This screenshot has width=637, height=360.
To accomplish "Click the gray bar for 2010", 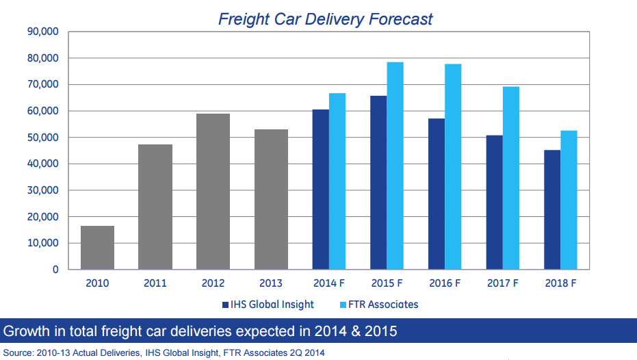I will point(97,247).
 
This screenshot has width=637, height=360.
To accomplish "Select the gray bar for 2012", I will point(213,192).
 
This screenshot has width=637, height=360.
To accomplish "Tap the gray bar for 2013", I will point(271,199).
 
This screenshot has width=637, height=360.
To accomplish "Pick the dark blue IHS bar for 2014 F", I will point(320,190).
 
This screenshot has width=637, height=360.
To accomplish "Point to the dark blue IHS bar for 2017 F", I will point(494,203).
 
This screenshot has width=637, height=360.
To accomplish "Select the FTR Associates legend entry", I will point(380,304).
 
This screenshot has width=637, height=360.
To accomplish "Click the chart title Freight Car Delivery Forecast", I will point(325,18).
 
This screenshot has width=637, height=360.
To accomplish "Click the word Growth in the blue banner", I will point(25,332).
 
